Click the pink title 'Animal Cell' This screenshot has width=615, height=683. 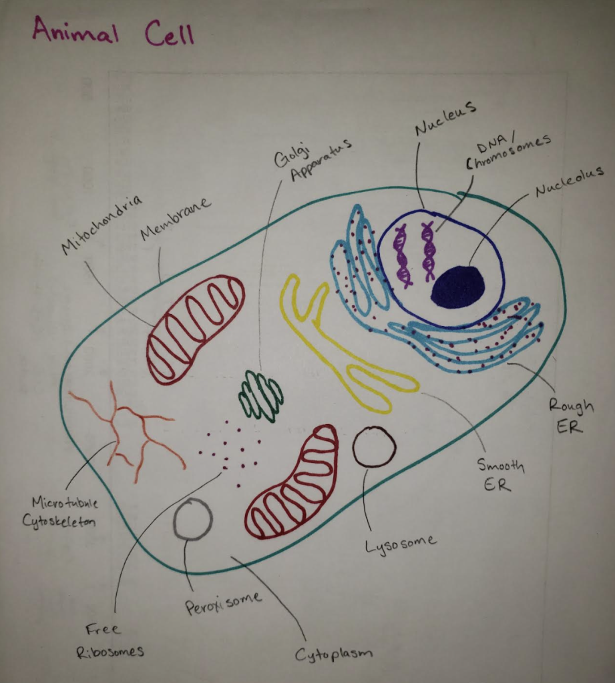tap(113, 31)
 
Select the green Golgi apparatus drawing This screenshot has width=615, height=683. tap(261, 396)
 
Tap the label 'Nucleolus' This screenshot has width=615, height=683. tap(569, 181)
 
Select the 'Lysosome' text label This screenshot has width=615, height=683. tap(400, 544)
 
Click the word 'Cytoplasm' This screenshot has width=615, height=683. tap(333, 654)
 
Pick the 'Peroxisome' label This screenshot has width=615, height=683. tap(223, 603)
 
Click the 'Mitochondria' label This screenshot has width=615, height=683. tap(101, 224)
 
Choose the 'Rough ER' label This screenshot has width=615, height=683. tap(570, 416)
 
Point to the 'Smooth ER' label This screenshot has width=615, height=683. tap(500, 474)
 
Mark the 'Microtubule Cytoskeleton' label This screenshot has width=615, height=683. tap(61, 512)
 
